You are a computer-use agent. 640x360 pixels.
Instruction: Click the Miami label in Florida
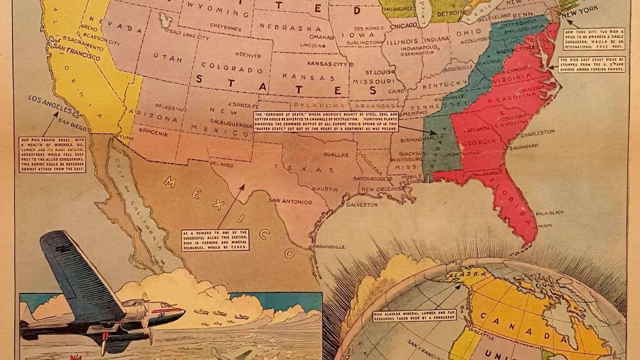coord(546,225)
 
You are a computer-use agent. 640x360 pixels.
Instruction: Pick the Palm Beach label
coord(549,212)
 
